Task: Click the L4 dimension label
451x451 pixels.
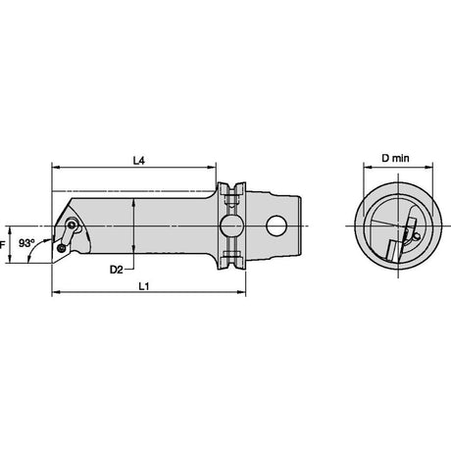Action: (x=139, y=161)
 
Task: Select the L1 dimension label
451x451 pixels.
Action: (x=144, y=286)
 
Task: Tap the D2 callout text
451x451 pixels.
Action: (x=116, y=270)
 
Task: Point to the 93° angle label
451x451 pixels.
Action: (x=26, y=243)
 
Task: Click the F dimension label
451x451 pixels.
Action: (x=2, y=244)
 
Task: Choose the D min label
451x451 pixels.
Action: (x=395, y=158)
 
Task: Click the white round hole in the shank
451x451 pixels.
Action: (x=276, y=225)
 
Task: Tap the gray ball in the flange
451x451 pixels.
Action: (x=231, y=225)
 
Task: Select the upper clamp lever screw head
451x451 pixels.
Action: (x=72, y=225)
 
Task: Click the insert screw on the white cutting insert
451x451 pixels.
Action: (x=61, y=249)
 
